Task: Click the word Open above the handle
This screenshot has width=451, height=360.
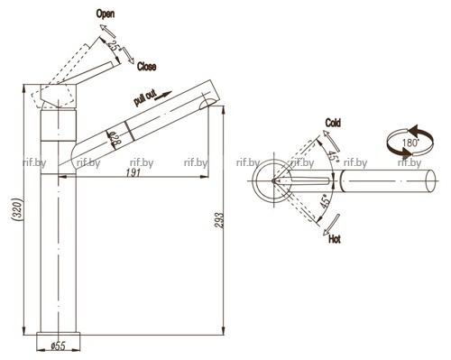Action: (x=106, y=14)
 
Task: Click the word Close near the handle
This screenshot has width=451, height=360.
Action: (x=146, y=67)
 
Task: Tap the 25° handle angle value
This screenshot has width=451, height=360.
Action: (x=115, y=46)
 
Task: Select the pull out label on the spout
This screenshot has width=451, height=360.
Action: (x=145, y=98)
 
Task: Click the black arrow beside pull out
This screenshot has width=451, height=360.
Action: (x=164, y=95)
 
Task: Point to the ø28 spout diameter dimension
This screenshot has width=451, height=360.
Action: (x=115, y=139)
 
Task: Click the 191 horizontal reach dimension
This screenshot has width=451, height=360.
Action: (x=133, y=172)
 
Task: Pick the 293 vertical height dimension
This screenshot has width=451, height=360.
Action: (x=220, y=220)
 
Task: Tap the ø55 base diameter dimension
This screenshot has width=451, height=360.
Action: (x=58, y=346)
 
